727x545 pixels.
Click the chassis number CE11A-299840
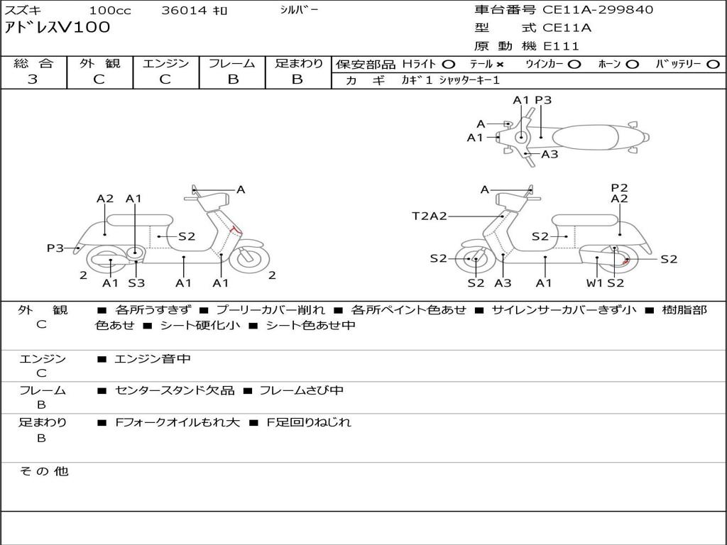(598, 10)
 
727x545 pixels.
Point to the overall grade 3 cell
(33, 79)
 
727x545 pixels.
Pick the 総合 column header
(33, 63)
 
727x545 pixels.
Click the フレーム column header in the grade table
(232, 63)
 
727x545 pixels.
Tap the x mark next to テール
(500, 64)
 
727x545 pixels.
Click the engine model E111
(562, 46)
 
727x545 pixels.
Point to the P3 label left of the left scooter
(55, 248)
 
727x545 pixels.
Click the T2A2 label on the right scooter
(430, 216)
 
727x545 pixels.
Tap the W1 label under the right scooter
(594, 283)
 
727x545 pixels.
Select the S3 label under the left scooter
(136, 283)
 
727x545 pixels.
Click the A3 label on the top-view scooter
(550, 154)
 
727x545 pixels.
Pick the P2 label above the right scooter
(620, 187)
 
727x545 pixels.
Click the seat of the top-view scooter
(589, 136)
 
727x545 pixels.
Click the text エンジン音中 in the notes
(153, 359)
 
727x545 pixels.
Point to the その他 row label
(43, 471)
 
